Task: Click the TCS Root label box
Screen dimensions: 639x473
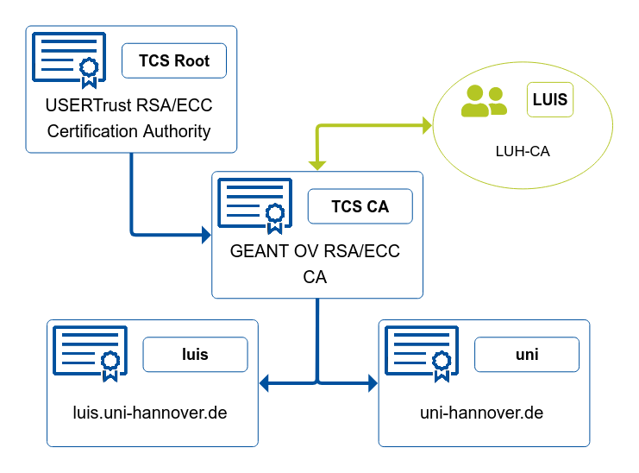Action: click(174, 60)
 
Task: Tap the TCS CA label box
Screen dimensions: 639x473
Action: click(360, 206)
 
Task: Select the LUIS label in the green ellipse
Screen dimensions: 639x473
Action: click(550, 99)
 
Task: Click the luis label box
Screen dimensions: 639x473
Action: click(195, 354)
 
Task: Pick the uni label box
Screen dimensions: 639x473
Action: click(527, 354)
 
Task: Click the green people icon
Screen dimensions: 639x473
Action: click(484, 101)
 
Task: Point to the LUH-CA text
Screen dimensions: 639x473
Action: click(523, 151)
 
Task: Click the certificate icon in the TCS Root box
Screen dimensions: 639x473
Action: click(69, 60)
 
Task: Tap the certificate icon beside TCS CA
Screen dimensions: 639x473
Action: click(254, 206)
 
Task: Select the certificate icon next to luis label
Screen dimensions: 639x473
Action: click(90, 354)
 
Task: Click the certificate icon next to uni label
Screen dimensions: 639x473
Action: click(422, 354)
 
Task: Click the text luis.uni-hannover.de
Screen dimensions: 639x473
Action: click(150, 413)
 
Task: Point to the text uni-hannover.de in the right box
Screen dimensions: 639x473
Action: click(482, 413)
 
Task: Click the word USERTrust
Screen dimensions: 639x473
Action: click(89, 105)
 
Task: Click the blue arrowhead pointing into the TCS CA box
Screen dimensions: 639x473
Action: click(207, 235)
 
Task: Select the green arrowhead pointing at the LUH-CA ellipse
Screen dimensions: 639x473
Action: click(428, 125)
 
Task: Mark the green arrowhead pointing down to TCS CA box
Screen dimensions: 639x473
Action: click(317, 165)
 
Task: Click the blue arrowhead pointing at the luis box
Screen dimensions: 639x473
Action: click(264, 383)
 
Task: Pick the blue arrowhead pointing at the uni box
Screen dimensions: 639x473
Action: click(373, 383)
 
